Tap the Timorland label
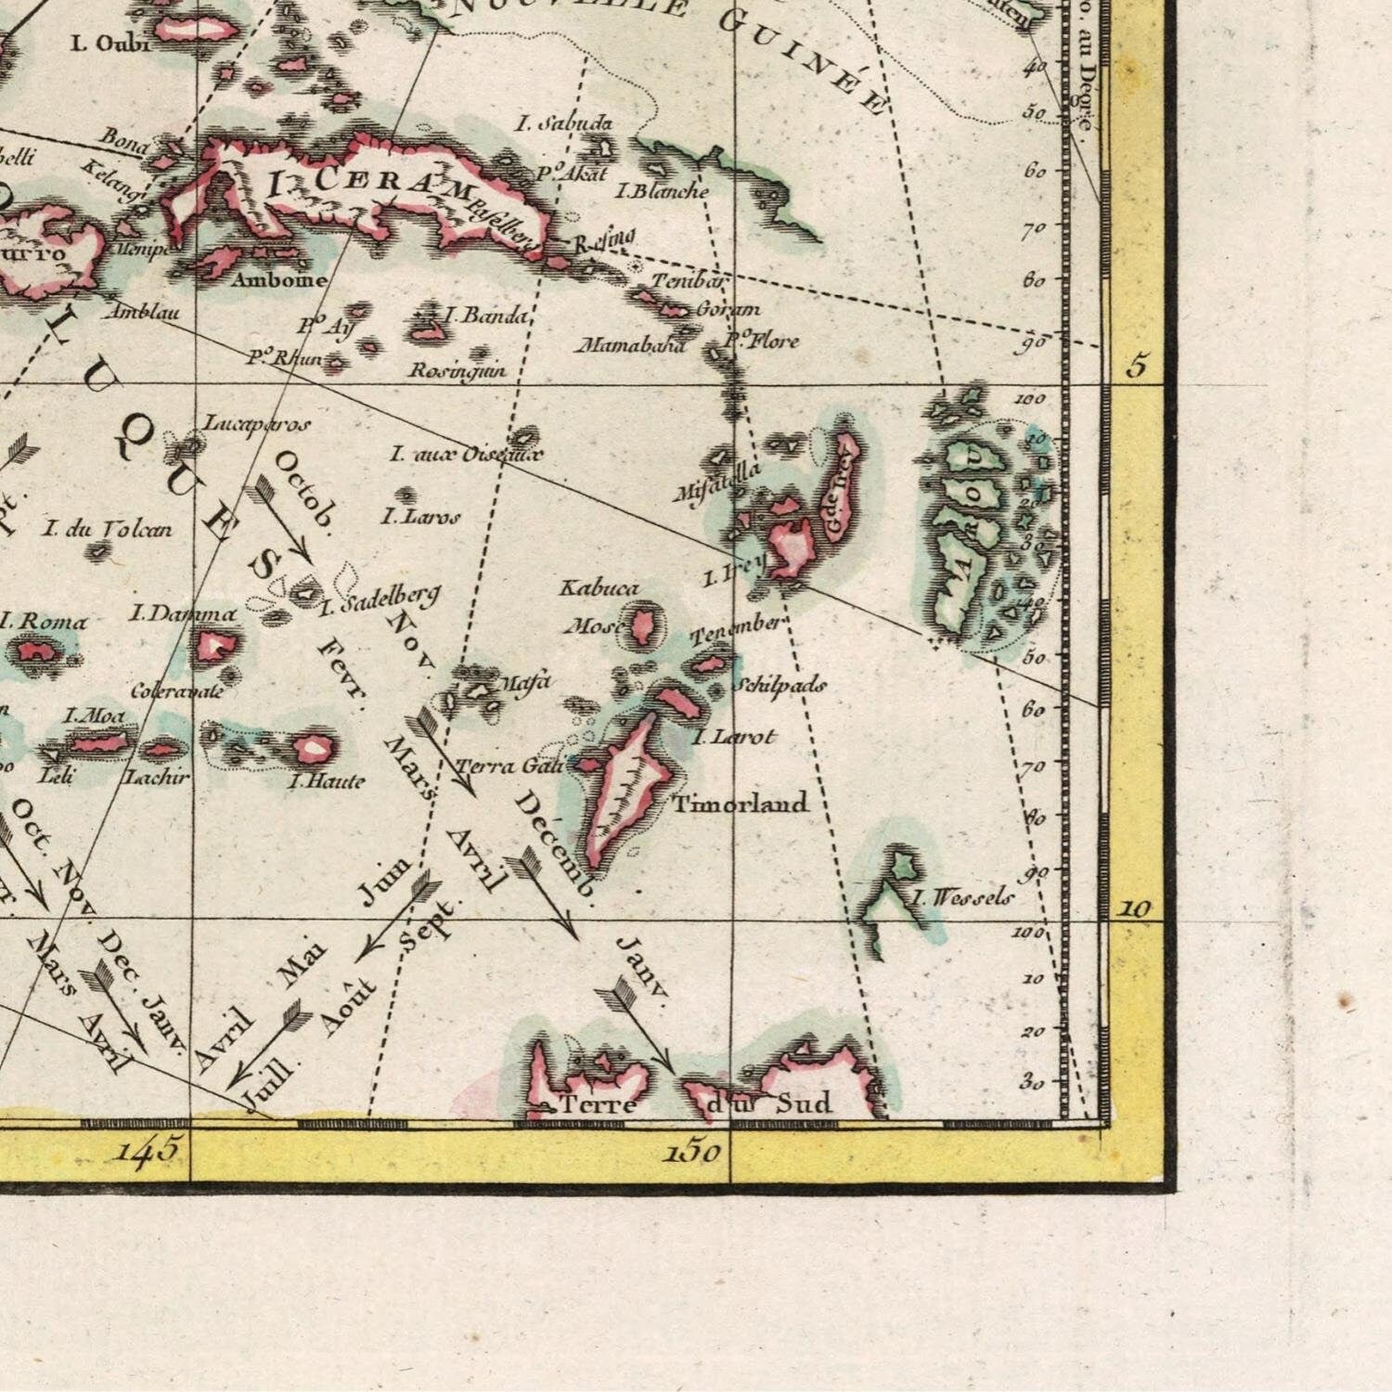click(x=740, y=804)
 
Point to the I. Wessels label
click(x=962, y=897)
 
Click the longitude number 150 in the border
click(x=692, y=1153)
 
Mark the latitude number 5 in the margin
click(x=1138, y=367)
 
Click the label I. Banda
click(x=485, y=316)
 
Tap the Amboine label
click(x=279, y=279)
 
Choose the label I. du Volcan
click(x=107, y=530)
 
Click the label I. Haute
click(x=326, y=782)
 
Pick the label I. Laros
click(x=420, y=516)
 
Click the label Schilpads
click(x=780, y=685)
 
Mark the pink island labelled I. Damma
click(x=214, y=645)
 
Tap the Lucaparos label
click(x=256, y=424)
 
